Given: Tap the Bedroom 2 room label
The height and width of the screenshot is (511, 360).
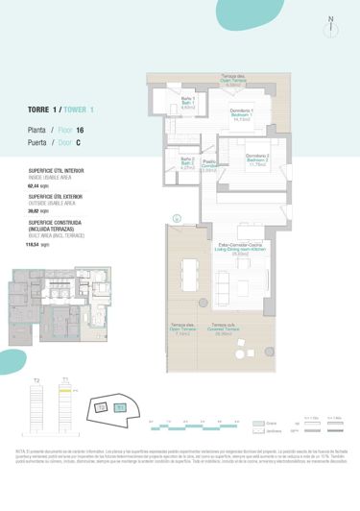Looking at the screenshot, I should [256, 159].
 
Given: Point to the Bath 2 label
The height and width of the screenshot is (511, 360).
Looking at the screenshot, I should [187, 163].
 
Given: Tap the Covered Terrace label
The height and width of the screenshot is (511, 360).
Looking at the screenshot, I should [226, 334].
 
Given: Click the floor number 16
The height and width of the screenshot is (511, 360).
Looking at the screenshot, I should [80, 129].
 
